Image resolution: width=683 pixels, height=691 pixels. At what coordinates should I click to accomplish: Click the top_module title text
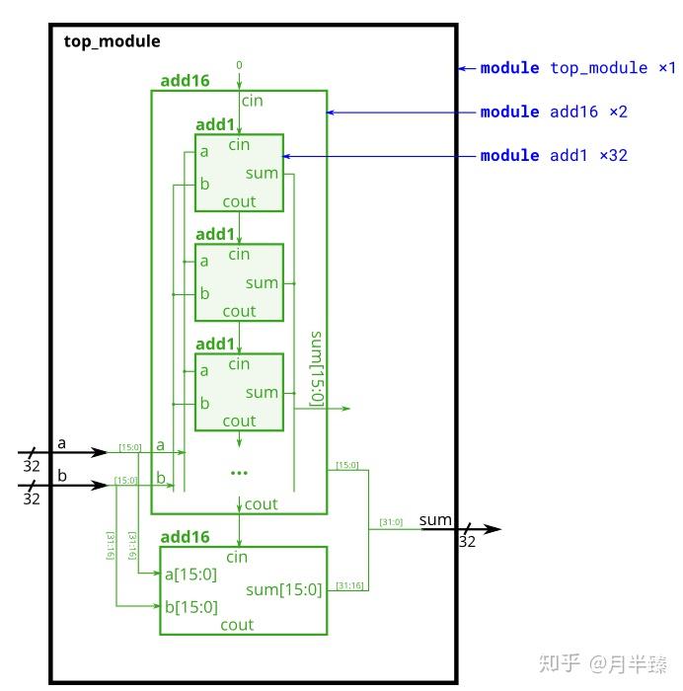pos(112,41)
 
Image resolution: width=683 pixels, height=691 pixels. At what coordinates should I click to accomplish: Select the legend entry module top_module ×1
pos(577,68)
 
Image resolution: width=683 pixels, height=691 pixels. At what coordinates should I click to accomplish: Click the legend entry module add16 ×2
pos(554,112)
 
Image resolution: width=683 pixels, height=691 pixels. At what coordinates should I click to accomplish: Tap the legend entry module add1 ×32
pos(554,155)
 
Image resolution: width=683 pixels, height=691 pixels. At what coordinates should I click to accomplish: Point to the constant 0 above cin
pos(239,65)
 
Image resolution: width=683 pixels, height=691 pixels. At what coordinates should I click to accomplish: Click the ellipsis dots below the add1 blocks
pos(239,473)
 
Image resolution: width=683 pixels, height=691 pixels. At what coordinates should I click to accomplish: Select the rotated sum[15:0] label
pos(317,368)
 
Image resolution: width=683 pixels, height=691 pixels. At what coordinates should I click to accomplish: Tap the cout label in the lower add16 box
pos(237,625)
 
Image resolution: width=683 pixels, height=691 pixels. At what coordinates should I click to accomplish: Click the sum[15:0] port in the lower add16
pos(284,590)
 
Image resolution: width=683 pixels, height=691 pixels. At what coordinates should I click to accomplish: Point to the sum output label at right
pos(435,519)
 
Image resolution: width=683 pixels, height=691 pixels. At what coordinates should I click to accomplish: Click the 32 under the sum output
pos(467,542)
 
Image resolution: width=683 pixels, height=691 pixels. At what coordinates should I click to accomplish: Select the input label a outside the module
pos(61,443)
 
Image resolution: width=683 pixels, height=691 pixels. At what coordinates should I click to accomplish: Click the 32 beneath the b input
pos(32,499)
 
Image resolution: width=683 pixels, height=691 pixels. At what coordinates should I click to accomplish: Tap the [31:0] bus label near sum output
pos(391,522)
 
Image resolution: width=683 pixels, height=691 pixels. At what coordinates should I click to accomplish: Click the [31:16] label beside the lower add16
pos(348,585)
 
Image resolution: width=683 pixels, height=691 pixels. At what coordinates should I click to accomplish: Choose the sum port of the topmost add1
pos(262,174)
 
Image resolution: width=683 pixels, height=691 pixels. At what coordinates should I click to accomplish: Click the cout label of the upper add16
pos(261,504)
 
